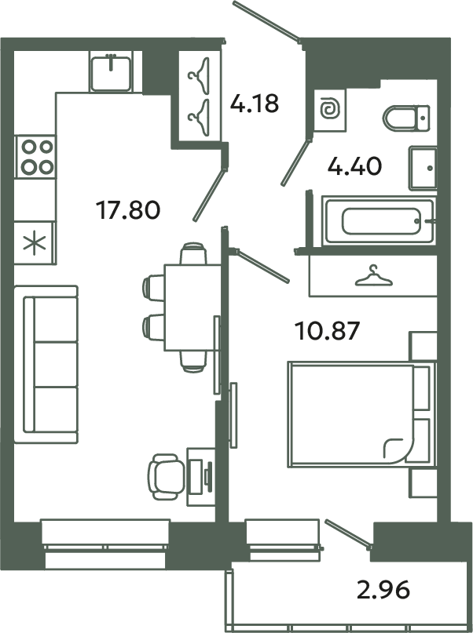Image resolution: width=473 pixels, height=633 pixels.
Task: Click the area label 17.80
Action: click(128, 209)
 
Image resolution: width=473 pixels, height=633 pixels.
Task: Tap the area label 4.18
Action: click(254, 103)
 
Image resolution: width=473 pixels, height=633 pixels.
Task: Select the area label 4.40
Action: click(355, 166)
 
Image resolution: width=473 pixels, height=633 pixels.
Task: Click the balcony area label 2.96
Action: click(384, 588)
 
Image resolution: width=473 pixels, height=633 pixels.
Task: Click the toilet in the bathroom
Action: click(408, 118)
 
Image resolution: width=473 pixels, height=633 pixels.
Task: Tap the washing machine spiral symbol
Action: click(329, 111)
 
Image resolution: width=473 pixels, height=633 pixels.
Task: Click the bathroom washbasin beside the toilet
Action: click(422, 167)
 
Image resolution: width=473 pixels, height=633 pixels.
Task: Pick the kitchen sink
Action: click(113, 72)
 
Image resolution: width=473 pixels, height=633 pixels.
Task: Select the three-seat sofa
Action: click(51, 364)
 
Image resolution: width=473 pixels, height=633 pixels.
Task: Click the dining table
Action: click(192, 307)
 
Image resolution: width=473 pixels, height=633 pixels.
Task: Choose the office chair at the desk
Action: click(166, 476)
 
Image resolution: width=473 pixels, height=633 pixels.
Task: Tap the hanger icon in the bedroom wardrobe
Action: click(374, 275)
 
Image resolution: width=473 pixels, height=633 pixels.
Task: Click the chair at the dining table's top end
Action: click(193, 255)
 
